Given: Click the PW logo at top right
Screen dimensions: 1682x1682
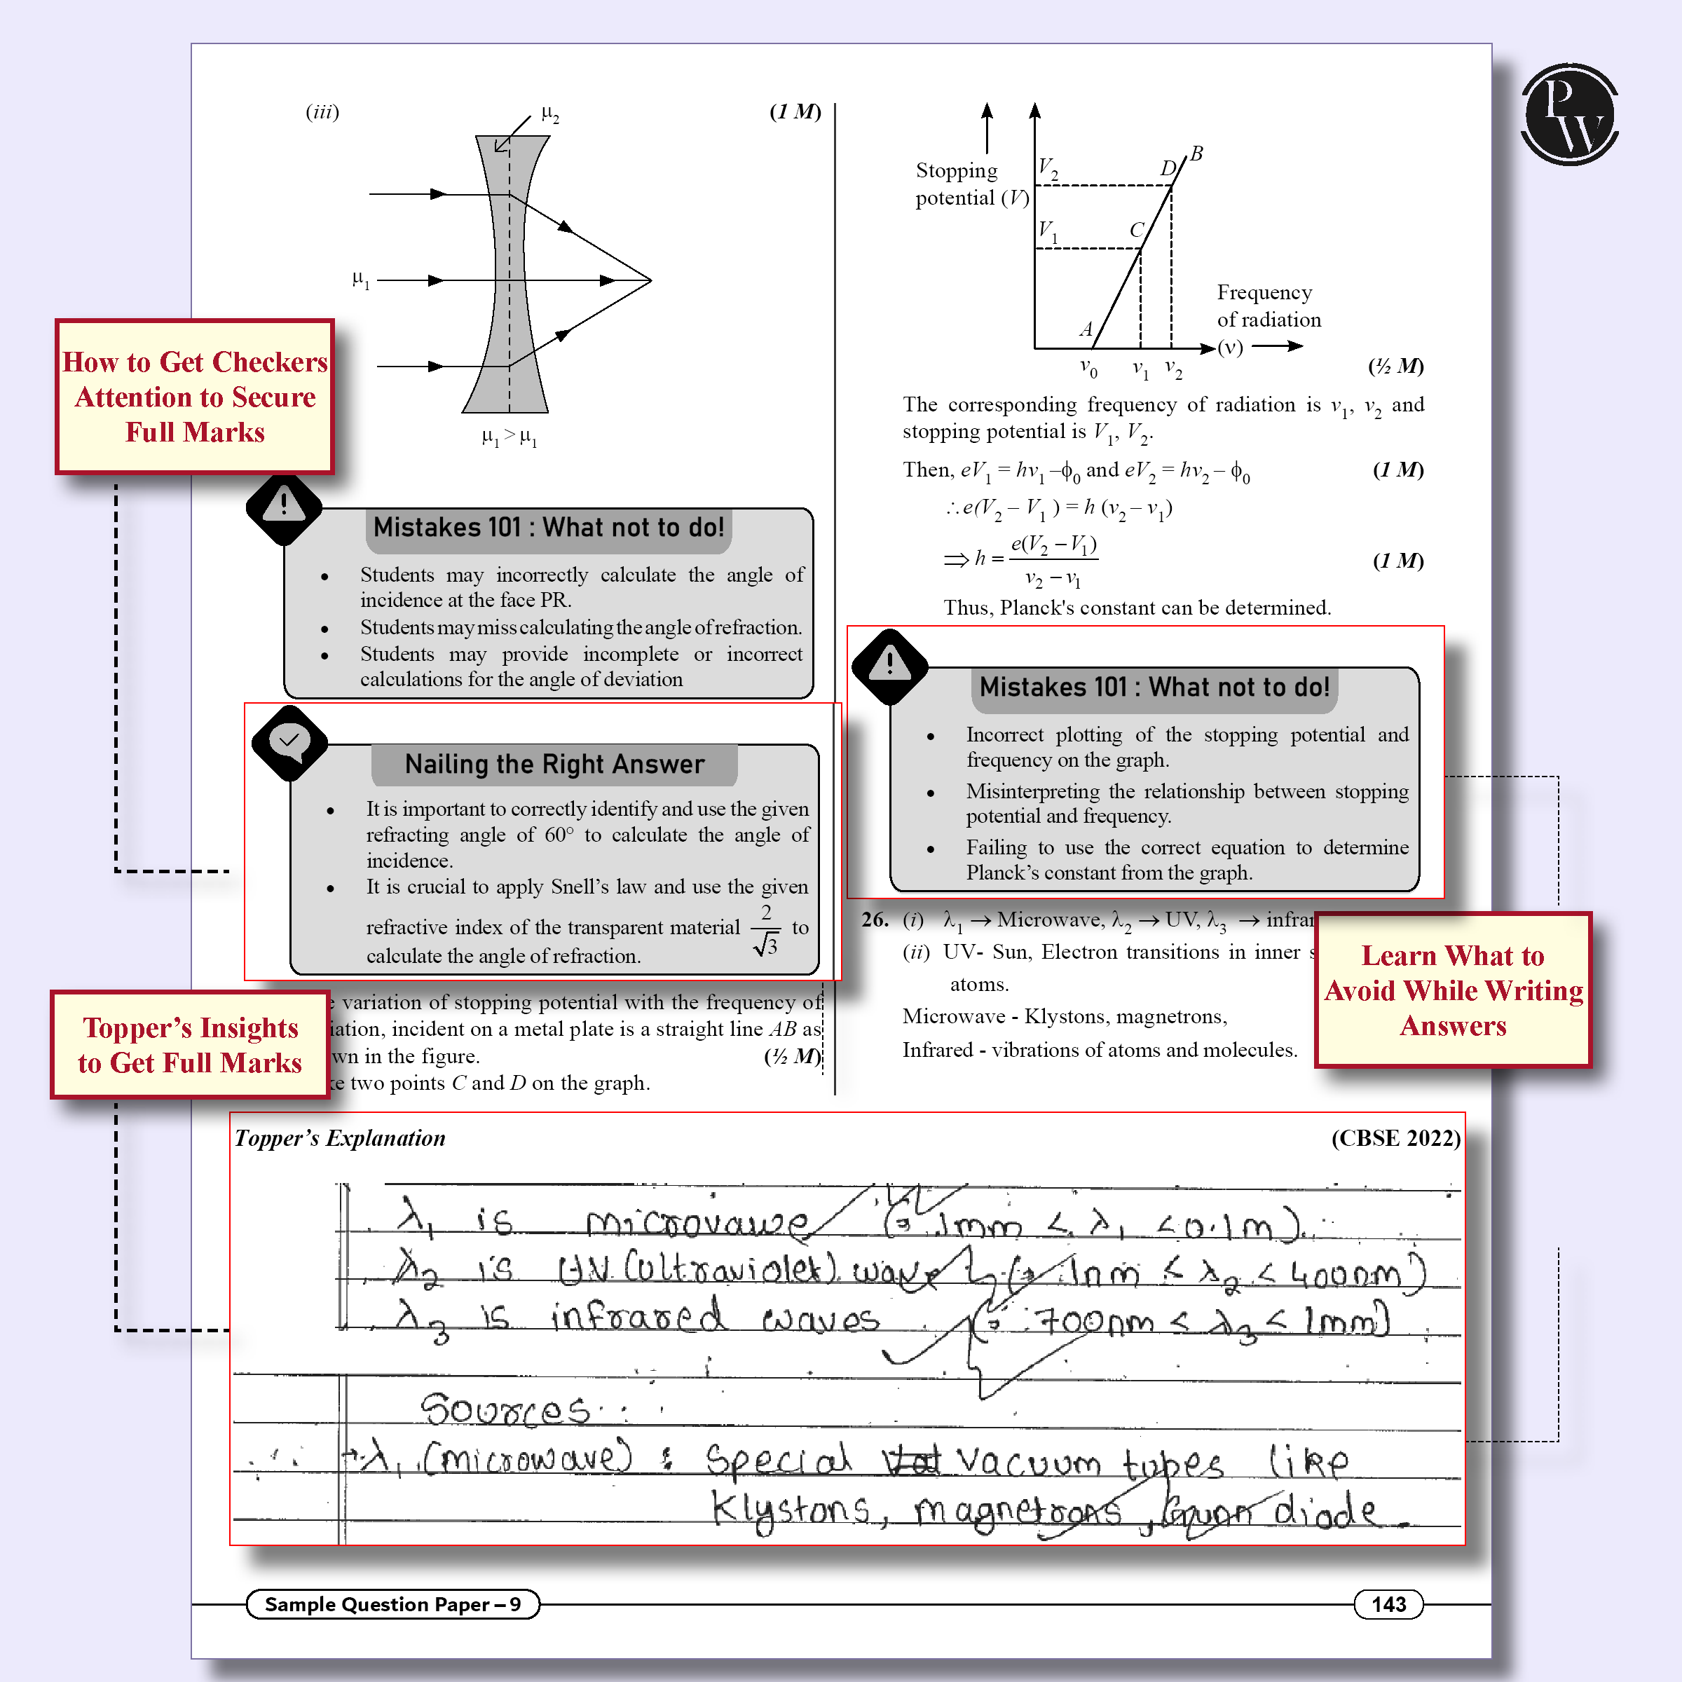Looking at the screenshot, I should click(1569, 114).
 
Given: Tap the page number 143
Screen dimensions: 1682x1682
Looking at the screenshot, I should click(1388, 1604).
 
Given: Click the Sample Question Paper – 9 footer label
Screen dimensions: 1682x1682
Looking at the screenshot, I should click(392, 1604).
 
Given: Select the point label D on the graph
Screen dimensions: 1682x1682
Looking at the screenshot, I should click(1168, 168).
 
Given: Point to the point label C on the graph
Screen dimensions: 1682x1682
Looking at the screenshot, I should click(1136, 230).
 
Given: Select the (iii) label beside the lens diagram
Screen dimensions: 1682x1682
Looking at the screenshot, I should click(322, 111).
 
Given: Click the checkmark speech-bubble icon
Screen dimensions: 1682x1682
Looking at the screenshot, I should click(289, 741).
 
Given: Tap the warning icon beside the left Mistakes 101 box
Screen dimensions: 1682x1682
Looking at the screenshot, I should click(284, 507).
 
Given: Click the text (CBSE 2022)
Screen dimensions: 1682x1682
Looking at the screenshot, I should click(1395, 1138).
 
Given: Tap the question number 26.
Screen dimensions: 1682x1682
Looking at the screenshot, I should click(874, 919).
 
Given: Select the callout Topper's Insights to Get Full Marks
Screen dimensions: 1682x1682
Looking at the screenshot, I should click(190, 1045).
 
